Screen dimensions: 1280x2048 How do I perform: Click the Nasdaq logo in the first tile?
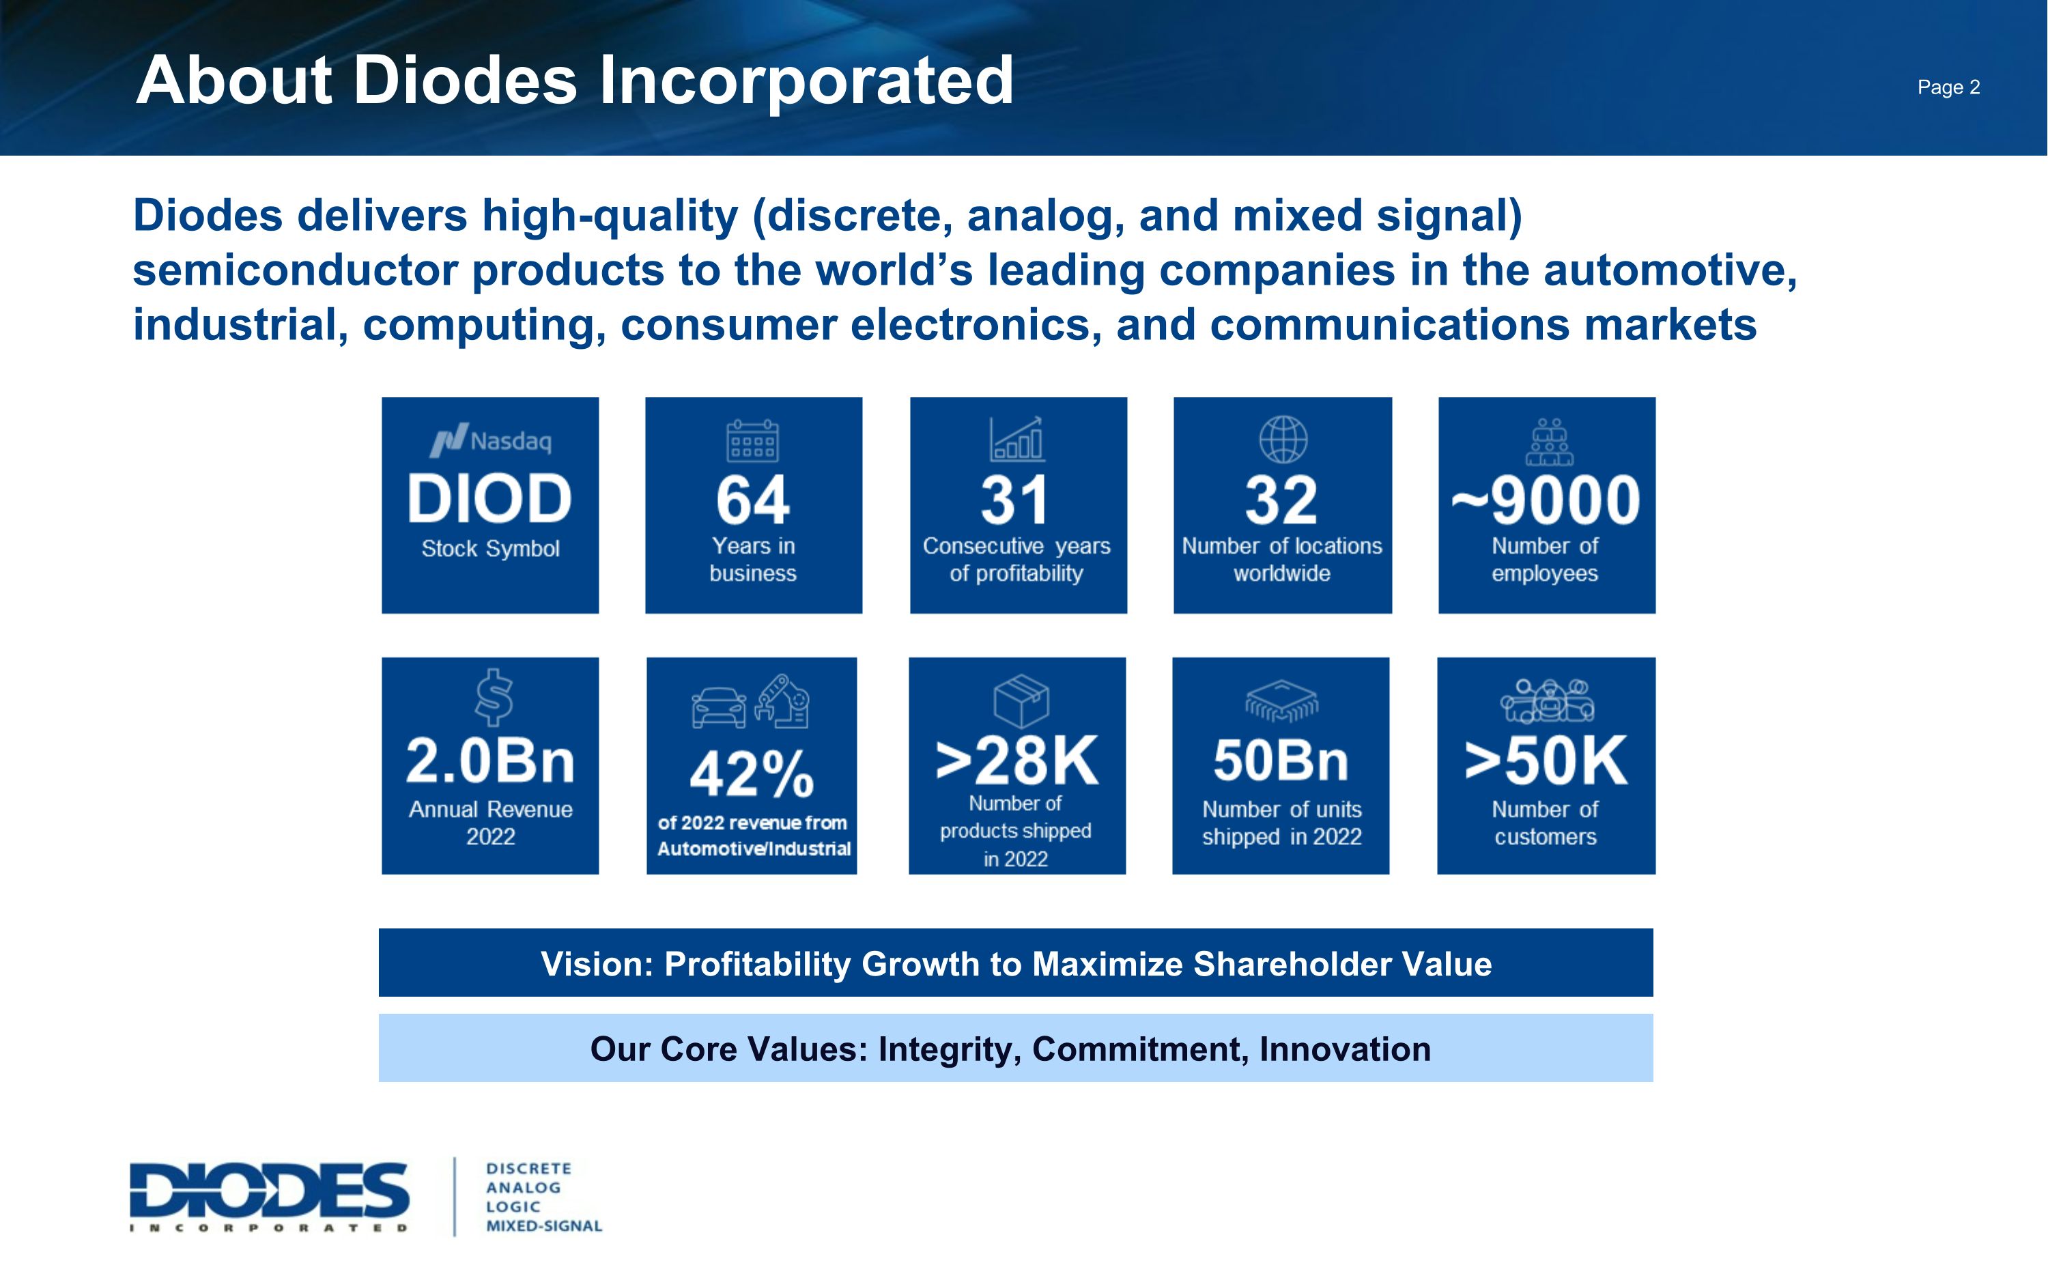[491, 440]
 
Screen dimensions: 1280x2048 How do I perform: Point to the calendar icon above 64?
[752, 440]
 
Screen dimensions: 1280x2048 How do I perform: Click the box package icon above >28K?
[1021, 701]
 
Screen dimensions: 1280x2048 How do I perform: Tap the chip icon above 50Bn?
[1281, 701]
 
